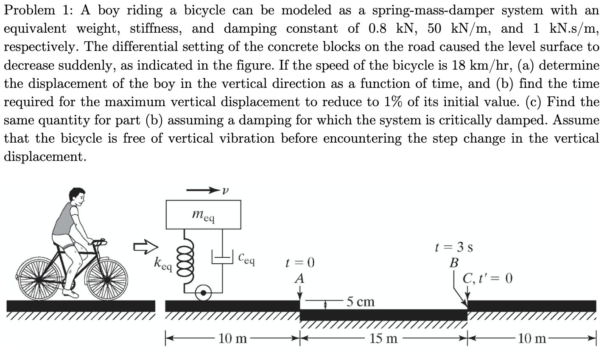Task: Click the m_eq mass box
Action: tap(203, 215)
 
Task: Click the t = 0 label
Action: tap(300, 262)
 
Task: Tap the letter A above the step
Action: tap(299, 278)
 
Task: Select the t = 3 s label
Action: tap(454, 247)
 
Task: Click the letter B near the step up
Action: tap(453, 263)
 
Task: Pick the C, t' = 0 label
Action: tap(488, 278)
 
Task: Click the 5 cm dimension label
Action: tap(360, 302)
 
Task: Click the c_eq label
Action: tap(246, 258)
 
